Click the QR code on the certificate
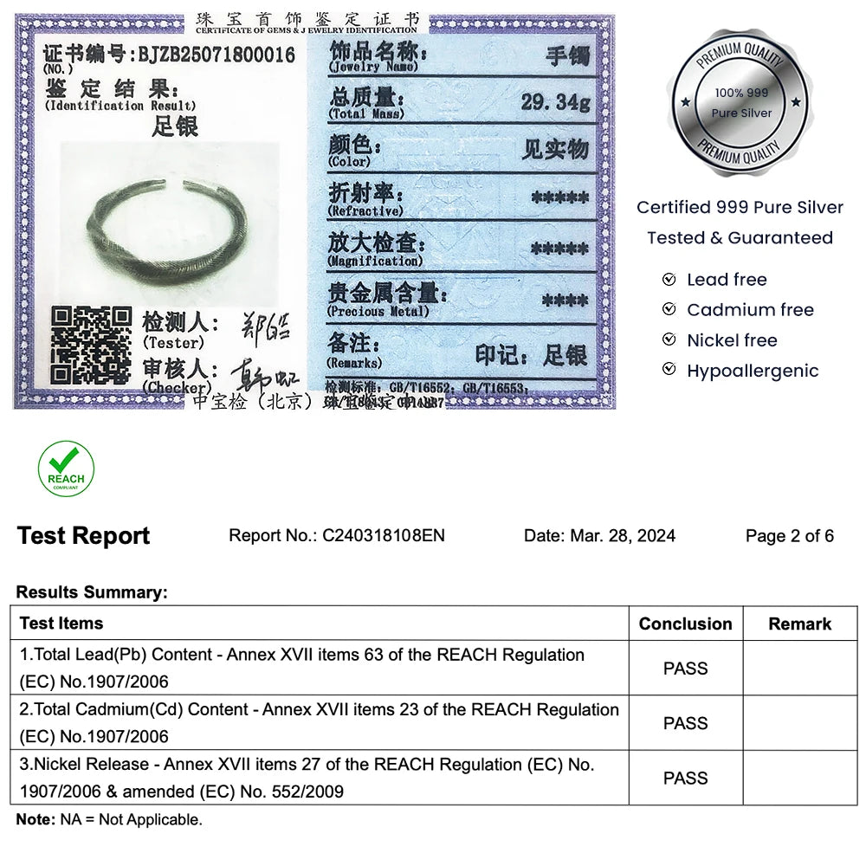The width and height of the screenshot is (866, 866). [90, 345]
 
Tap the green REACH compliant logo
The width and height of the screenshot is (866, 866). [66, 469]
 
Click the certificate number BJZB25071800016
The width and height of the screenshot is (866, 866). [216, 55]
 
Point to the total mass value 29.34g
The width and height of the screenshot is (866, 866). [555, 102]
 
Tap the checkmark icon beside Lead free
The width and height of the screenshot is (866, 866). [669, 280]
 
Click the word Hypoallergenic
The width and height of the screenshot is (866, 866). [752, 371]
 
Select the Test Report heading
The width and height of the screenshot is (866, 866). [83, 536]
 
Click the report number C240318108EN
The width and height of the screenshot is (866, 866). [383, 535]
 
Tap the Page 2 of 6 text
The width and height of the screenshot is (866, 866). [789, 536]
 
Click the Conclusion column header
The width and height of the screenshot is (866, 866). [685, 624]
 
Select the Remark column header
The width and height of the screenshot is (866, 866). [799, 624]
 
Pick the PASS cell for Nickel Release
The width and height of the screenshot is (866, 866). [685, 778]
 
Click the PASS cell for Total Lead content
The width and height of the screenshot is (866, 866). [685, 668]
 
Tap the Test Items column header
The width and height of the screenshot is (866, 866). [61, 624]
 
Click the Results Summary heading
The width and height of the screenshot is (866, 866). [91, 592]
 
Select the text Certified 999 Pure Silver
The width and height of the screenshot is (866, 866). [740, 207]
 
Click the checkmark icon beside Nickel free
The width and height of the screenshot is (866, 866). [669, 340]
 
